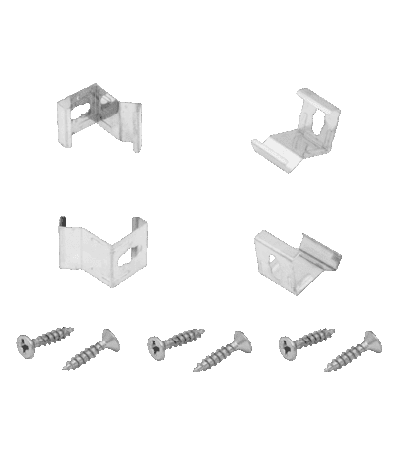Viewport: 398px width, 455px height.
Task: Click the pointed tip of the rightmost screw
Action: click(329, 369)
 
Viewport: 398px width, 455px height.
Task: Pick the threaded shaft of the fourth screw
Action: click(217, 354)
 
